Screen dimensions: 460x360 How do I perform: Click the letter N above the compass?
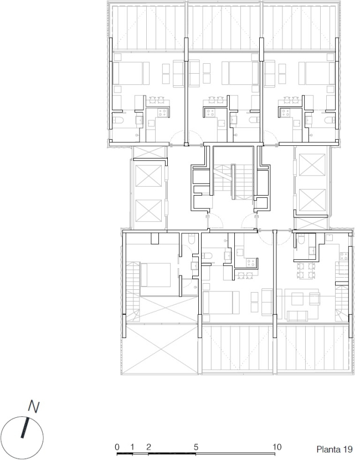pos(34,408)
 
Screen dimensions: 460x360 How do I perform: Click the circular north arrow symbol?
pos(22,432)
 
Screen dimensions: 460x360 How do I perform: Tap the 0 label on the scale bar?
pos(117,446)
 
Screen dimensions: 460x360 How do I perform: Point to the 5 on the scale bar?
pos(197,446)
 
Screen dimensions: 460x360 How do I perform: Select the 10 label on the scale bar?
pos(277,446)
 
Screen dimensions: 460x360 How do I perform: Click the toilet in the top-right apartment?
pos(328,120)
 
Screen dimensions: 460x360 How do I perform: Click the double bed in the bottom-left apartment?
pos(157,275)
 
